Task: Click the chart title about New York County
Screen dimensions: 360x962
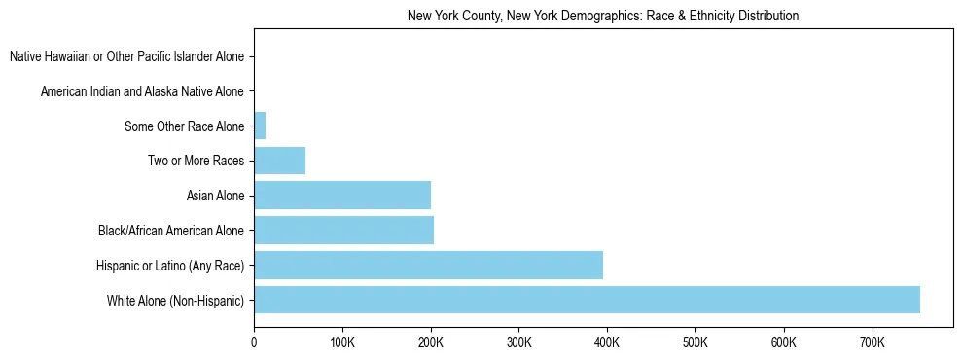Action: pos(603,16)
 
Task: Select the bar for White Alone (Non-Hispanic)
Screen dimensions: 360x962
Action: pos(587,300)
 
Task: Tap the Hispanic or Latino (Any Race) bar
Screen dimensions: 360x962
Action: pos(428,265)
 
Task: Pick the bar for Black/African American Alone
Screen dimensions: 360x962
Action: pos(343,231)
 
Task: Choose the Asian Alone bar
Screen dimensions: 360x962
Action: pos(342,196)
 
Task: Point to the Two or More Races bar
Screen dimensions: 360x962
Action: pos(279,161)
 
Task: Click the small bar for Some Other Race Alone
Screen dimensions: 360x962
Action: pos(260,126)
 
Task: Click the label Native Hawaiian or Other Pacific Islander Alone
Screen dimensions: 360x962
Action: pos(126,56)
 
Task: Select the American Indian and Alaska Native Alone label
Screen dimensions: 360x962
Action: pos(142,91)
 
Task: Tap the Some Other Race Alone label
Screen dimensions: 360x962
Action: pos(185,126)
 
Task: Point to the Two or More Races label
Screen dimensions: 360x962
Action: pos(196,161)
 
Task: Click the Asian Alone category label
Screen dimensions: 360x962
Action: pos(215,196)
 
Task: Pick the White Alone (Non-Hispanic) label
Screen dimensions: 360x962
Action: pos(176,301)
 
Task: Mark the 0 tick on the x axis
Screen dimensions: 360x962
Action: pos(254,342)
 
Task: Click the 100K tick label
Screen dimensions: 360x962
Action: pos(341,342)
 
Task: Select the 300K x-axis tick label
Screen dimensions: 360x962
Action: pos(518,342)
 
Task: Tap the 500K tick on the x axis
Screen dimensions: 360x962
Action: pos(695,342)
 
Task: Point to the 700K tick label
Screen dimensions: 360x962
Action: pos(872,342)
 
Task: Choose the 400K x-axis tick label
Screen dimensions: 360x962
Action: pos(607,342)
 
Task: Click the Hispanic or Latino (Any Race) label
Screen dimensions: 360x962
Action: pos(170,266)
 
